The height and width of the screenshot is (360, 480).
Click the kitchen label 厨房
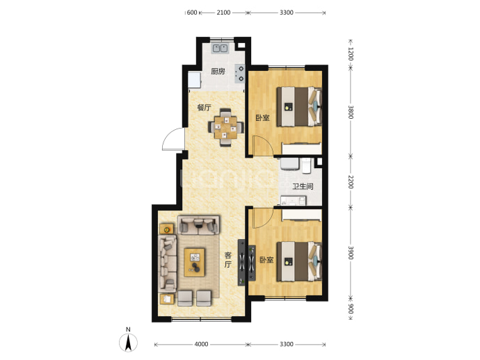218,72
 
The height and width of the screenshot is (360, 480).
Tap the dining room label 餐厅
204,108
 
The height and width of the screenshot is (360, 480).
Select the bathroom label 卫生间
303,186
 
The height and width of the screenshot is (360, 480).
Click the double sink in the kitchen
221,49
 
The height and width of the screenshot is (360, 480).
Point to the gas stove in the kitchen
240,74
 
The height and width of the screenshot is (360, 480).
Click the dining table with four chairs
226,127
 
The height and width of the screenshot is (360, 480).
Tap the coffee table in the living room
194,263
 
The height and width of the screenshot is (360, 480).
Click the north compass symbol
128,341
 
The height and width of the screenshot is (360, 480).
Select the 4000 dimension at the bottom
201,345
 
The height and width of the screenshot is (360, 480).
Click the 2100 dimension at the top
223,13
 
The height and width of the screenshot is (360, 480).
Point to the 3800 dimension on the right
351,113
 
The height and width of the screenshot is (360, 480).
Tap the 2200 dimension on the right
351,182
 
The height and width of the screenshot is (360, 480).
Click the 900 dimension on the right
351,309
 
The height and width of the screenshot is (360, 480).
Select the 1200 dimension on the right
351,54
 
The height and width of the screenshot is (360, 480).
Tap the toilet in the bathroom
306,165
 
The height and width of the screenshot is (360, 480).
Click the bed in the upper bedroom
299,107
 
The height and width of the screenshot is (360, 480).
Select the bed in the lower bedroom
299,261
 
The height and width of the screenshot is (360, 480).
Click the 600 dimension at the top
191,13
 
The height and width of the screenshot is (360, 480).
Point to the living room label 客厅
227,260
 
